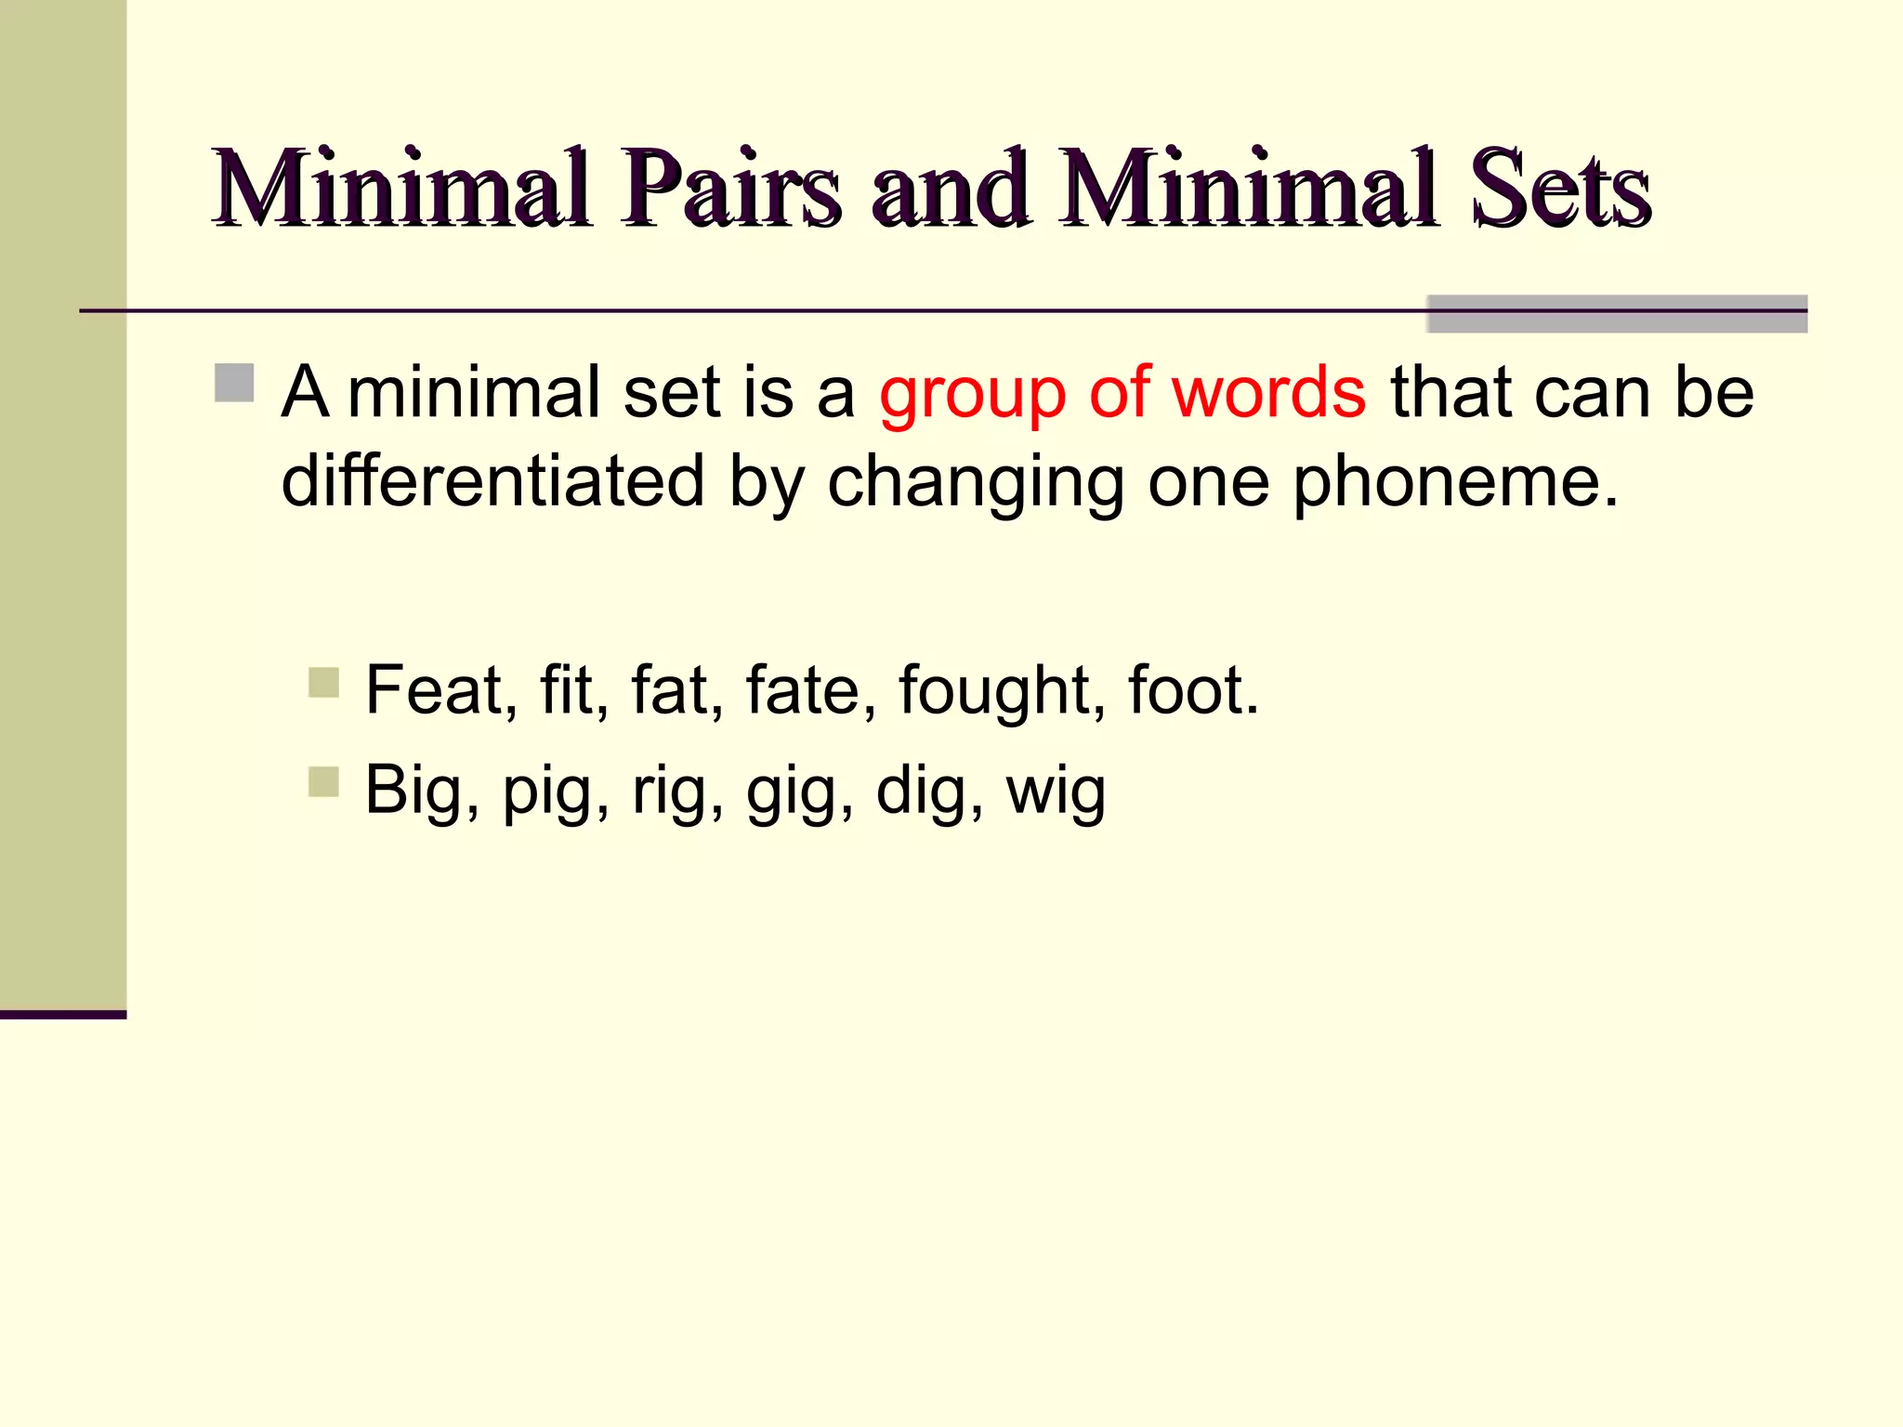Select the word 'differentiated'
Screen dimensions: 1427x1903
tap(492, 481)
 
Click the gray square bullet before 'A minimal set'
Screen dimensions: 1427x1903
tap(234, 383)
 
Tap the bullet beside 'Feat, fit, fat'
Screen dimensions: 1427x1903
tap(323, 683)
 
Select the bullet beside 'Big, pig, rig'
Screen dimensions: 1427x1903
tap(323, 781)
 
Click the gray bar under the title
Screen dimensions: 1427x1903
tap(1616, 314)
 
